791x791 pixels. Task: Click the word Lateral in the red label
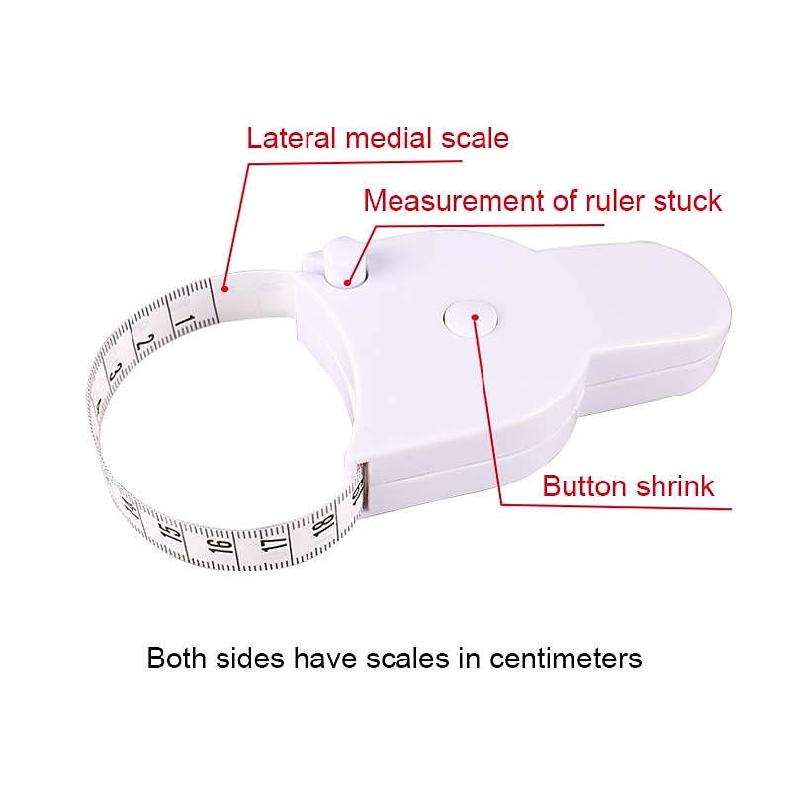(x=291, y=138)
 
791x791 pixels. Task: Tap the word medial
(x=388, y=138)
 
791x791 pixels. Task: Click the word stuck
(x=687, y=201)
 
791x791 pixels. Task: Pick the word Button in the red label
(x=584, y=486)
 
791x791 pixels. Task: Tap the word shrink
(x=674, y=486)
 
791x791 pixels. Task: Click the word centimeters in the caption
(x=566, y=659)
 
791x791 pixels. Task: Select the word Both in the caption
(x=177, y=659)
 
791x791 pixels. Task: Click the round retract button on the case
(x=471, y=317)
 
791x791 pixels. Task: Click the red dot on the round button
(x=475, y=317)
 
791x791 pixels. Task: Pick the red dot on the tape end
(x=225, y=289)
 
